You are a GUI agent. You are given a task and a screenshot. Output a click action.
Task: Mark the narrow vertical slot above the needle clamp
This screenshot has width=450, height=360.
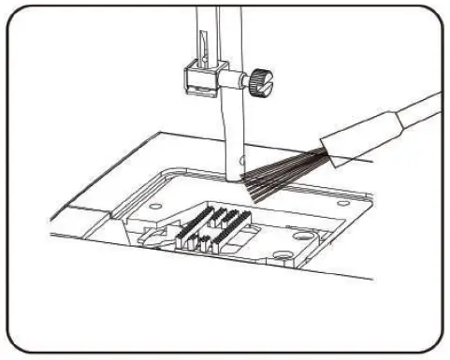[x=200, y=41]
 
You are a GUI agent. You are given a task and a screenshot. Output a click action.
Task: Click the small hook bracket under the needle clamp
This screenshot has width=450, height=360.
[x=197, y=91]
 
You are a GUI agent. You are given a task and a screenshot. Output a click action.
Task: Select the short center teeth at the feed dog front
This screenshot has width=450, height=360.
[x=202, y=245]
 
